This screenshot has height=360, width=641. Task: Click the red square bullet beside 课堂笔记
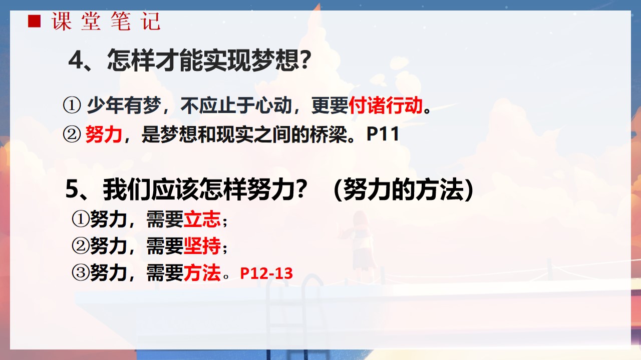coord(35,21)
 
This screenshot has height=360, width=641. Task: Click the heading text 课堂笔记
coord(106,21)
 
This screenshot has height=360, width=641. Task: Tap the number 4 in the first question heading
coord(76,60)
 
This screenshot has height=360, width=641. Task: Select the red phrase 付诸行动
coord(386,105)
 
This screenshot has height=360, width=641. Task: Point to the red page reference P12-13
coord(266,273)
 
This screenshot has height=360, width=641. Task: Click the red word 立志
coord(202,219)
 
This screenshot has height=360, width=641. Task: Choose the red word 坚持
coord(202,245)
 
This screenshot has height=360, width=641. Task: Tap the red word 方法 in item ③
coord(202,272)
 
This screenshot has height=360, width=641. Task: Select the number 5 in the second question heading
coord(72,189)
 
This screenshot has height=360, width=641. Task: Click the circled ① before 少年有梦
coord(72,105)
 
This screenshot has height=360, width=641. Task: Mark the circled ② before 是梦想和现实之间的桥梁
coord(72,134)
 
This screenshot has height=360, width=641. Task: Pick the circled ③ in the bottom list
coord(80,272)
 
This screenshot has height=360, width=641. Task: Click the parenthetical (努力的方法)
coord(404,189)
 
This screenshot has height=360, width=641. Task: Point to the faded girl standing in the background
coord(361,243)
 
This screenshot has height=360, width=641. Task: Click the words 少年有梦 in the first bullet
coord(124,105)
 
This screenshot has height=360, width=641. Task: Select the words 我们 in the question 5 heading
coord(127,189)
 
